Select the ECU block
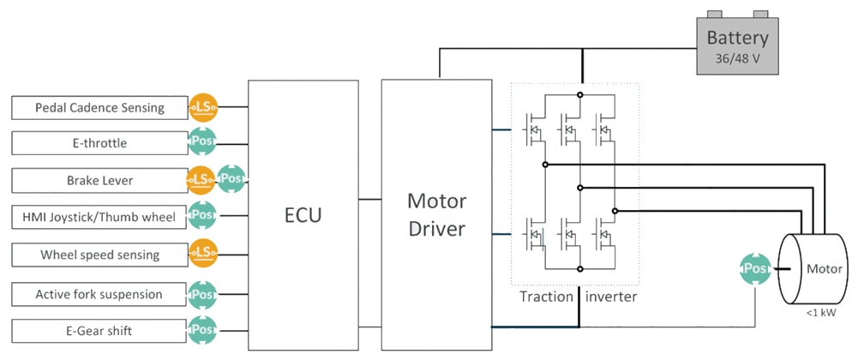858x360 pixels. [303, 214]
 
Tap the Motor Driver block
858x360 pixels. [436, 214]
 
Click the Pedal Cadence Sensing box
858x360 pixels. [99, 108]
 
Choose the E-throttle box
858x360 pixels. [99, 143]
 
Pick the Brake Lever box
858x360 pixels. [99, 181]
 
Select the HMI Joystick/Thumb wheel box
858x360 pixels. [99, 217]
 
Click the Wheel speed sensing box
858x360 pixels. [99, 255]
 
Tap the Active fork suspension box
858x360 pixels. [99, 294]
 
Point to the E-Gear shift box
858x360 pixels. [99, 330]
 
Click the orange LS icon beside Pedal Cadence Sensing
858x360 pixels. [203, 107]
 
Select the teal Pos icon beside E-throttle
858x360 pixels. [203, 141]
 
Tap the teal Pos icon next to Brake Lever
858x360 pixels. [231, 179]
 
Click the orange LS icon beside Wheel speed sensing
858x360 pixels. [203, 252]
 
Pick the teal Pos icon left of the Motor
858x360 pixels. [754, 269]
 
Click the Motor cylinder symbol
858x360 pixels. [810, 269]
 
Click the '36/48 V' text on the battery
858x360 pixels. [737, 60]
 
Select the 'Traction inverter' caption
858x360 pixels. [579, 297]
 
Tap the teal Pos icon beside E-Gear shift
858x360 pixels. [203, 328]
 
